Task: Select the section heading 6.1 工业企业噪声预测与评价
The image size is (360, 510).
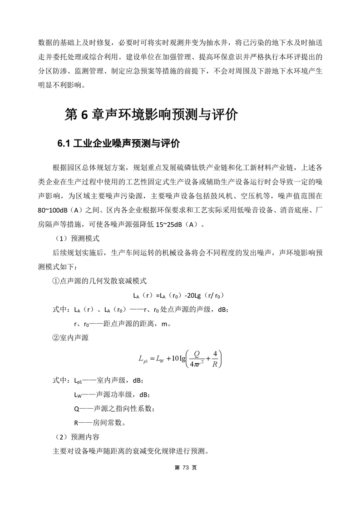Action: pos(118,144)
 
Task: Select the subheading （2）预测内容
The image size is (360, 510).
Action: pos(76,437)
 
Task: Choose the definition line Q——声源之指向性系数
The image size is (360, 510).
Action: pos(114,408)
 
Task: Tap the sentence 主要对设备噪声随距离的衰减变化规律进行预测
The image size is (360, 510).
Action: pos(131,451)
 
